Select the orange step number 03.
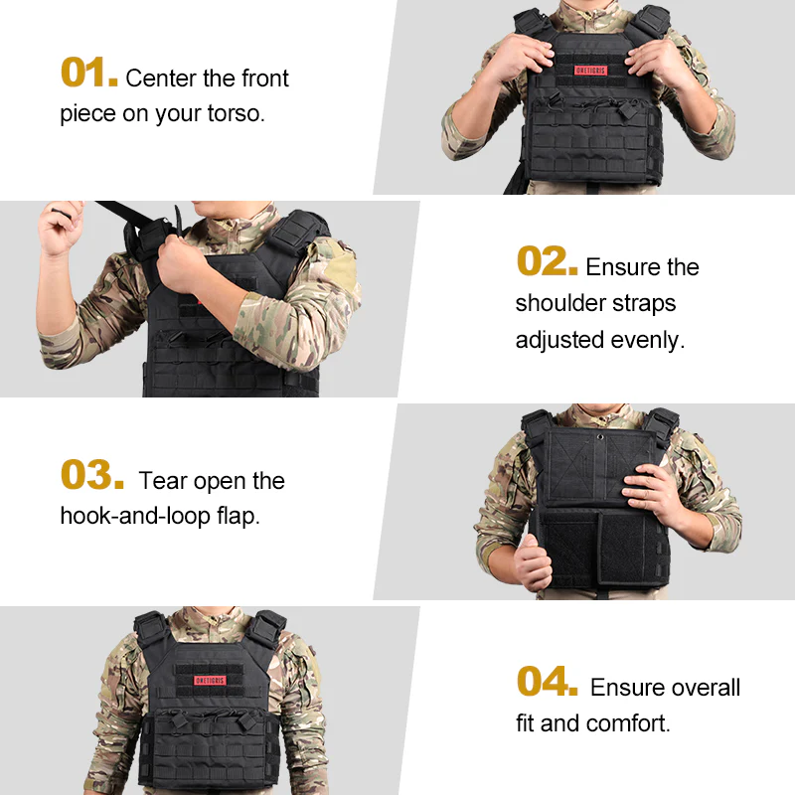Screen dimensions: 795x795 coord(91,476)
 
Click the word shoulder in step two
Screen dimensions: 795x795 coord(558,303)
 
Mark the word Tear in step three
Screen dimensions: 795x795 coord(163,481)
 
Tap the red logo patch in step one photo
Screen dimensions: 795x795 coord(595,71)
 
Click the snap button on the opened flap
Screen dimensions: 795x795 coord(600,435)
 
